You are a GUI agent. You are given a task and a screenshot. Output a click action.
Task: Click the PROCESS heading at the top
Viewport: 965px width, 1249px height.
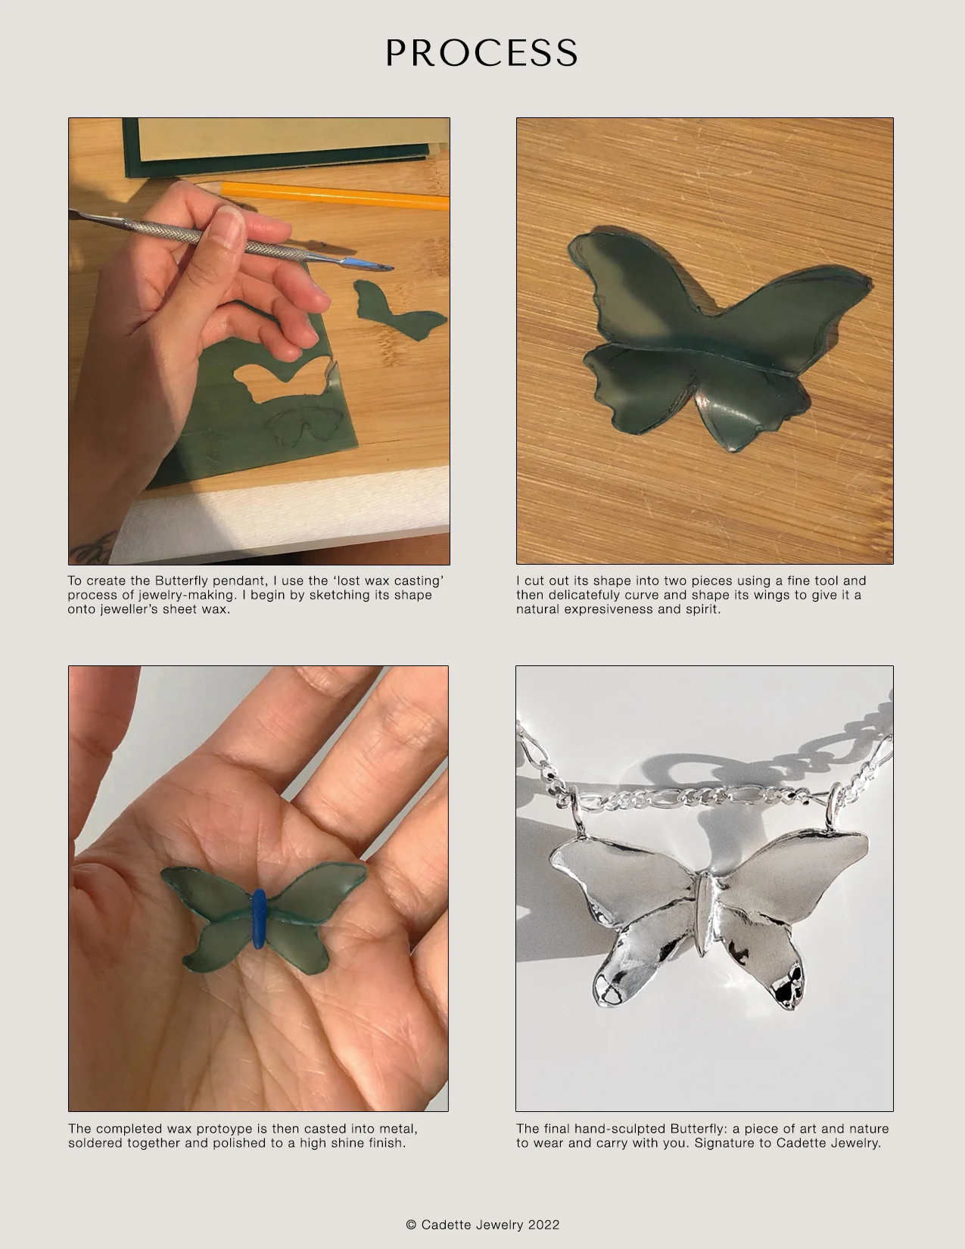pos(482,53)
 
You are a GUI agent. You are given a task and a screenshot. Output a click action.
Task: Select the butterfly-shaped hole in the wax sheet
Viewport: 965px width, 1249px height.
pos(280,382)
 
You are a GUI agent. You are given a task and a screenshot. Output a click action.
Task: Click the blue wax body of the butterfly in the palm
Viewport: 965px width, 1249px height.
pos(260,918)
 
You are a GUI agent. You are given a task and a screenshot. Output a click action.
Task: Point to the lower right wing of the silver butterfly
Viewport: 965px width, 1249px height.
pos(764,961)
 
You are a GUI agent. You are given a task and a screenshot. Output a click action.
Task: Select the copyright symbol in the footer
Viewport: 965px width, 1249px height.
pos(411,1224)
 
